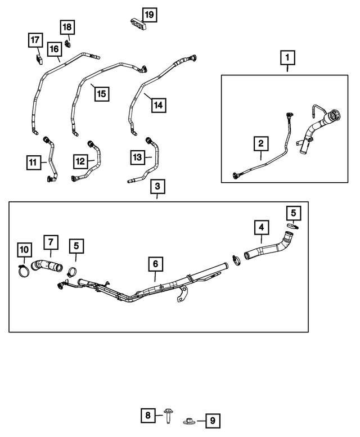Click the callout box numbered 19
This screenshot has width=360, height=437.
(x=149, y=13)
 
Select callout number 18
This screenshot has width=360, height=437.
(x=67, y=27)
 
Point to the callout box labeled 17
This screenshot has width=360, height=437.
(x=35, y=40)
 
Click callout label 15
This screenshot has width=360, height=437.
(x=101, y=93)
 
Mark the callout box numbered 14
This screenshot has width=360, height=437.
(x=158, y=105)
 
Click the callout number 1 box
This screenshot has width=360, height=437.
(x=287, y=57)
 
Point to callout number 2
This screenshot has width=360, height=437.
(x=260, y=144)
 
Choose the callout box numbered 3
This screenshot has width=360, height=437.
(x=157, y=186)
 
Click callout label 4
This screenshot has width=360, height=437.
(x=260, y=228)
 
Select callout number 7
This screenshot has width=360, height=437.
(x=50, y=242)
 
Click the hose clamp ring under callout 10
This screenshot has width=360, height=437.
(x=23, y=272)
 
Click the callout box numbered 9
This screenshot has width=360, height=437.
(x=213, y=420)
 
